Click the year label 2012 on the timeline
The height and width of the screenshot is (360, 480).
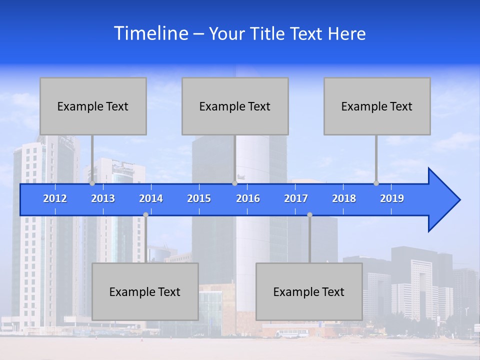pos(55,198)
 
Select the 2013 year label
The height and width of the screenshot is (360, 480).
pos(103,198)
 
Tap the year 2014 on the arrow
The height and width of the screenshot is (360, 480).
pos(151,198)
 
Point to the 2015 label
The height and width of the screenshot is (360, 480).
pos(199,198)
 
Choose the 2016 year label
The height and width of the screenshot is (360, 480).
pos(248,198)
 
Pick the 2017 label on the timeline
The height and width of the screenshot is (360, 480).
pos(296,198)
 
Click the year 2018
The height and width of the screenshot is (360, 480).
pos(344,198)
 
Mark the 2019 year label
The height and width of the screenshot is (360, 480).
pos(392,198)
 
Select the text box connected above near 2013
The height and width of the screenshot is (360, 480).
pos(93,106)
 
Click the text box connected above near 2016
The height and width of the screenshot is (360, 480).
pos(235,106)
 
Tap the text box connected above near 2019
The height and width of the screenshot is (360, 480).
pos(377,106)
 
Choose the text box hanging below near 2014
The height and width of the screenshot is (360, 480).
pos(145,291)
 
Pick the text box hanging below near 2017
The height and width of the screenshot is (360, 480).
pos(309,291)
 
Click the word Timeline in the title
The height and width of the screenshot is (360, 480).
pos(150,33)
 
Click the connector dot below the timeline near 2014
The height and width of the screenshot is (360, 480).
pos(145,214)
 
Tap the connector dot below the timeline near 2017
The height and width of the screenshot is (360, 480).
pos(309,214)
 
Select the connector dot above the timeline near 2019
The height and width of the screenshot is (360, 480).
pos(376,183)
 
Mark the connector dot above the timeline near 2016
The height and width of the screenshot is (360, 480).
pos(234,183)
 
